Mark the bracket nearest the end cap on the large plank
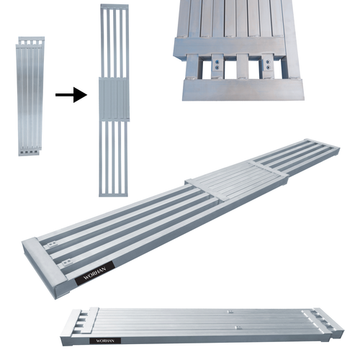[x=51, y=246]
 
